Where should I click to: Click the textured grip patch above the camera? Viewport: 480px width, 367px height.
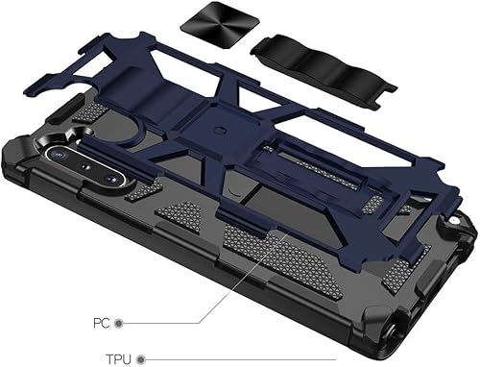[87, 114]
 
